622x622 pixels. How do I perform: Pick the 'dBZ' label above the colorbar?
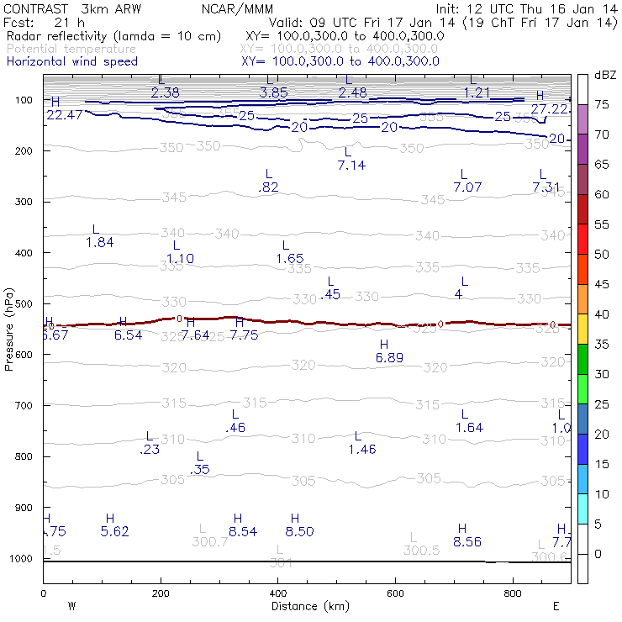point(604,76)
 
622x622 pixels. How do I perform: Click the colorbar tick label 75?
point(603,105)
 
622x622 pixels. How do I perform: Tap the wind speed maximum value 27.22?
point(550,109)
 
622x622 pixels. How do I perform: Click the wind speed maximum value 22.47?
point(65,115)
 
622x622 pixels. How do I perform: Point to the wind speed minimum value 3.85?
point(274,92)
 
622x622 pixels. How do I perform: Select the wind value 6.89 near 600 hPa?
point(389,358)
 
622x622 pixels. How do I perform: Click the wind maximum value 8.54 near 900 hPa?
point(242,531)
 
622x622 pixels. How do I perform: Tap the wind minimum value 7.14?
point(351,165)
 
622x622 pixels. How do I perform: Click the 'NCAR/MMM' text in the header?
point(238,9)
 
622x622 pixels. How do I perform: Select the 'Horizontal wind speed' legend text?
point(71,61)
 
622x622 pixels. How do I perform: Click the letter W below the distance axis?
point(71,606)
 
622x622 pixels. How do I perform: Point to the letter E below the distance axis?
point(556,606)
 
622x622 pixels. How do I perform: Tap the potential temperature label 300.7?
point(210,542)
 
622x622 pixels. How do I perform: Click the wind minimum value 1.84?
point(99,242)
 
